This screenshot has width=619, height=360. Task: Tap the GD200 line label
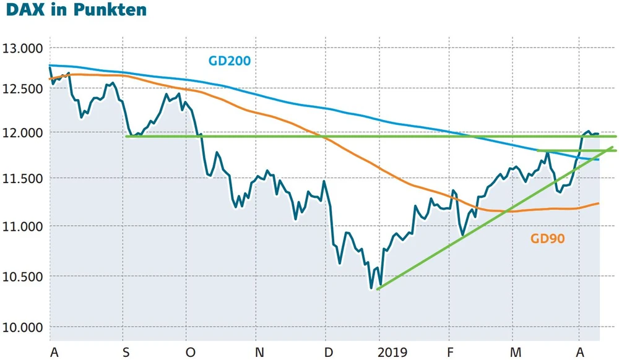coord(229,61)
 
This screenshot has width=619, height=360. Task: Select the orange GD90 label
coord(547,239)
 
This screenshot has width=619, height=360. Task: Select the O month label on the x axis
coord(191,352)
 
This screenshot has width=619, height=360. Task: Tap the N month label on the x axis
coord(260,352)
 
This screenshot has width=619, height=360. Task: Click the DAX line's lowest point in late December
coord(371,288)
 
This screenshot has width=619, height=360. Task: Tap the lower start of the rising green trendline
coord(378,288)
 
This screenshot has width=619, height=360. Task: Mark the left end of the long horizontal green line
coord(126,137)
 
